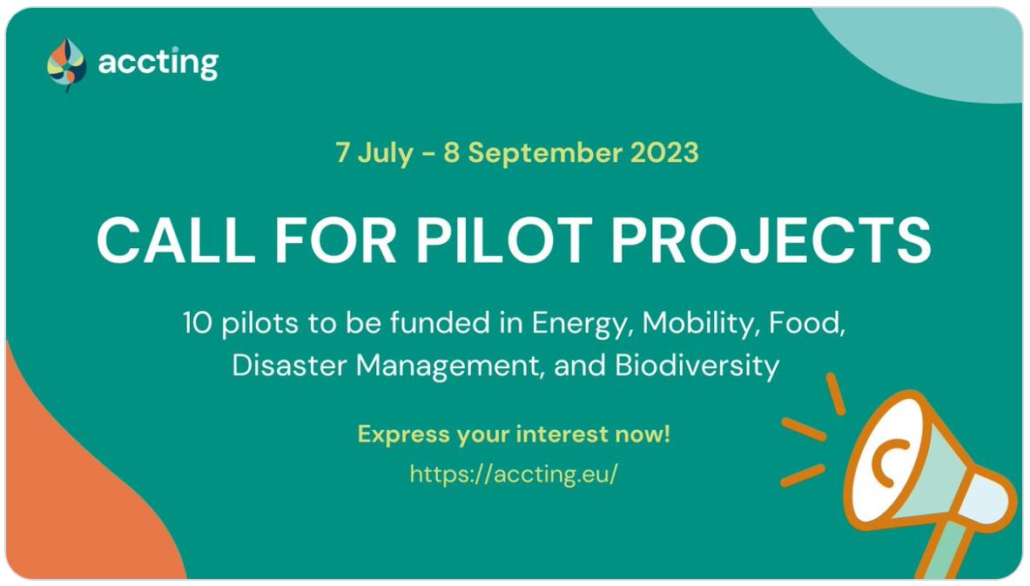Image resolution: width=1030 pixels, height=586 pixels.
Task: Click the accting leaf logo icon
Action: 66,64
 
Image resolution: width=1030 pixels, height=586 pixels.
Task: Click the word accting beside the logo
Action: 158,64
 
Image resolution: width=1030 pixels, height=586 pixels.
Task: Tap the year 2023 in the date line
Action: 664,152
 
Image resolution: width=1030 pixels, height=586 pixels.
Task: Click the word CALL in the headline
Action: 175,239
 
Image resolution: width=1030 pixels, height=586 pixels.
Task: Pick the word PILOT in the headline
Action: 504,239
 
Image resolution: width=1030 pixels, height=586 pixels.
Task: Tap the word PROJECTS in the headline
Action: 771,239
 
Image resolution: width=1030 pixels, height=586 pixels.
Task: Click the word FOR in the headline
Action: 335,239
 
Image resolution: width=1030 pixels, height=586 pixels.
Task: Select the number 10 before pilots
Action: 197,323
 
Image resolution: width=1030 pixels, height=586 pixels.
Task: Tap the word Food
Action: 806,323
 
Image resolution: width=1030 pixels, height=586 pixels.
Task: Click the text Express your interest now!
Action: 514,434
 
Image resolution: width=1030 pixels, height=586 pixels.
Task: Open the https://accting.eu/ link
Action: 514,474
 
